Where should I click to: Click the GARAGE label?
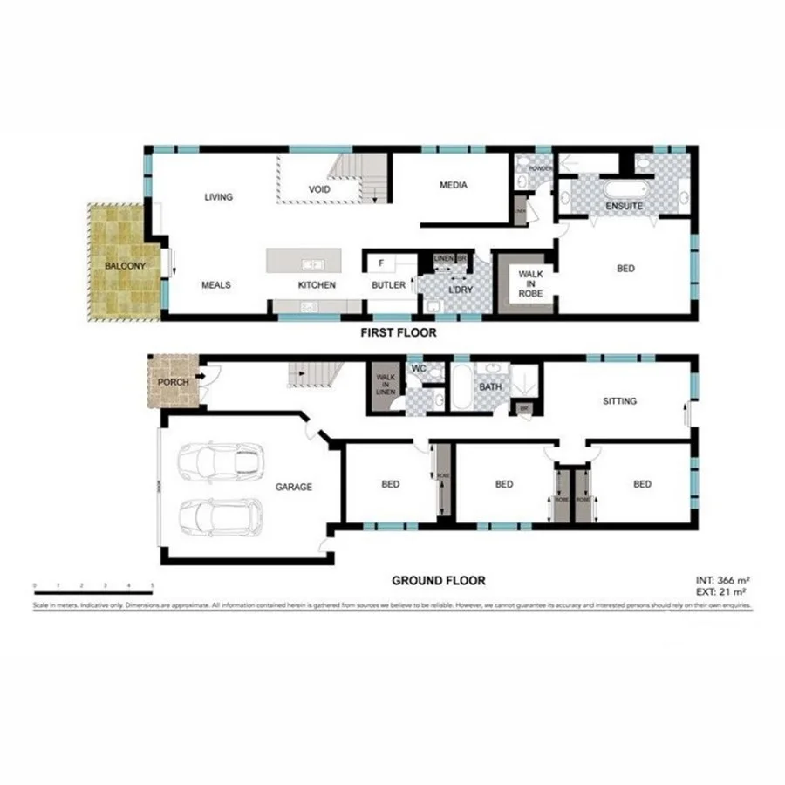(x=294, y=487)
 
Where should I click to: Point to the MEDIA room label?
(x=453, y=185)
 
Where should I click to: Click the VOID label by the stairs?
(x=318, y=189)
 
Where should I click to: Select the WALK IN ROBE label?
(x=530, y=283)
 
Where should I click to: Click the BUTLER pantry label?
(x=388, y=285)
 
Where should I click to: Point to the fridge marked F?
(x=381, y=262)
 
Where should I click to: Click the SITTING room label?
(x=619, y=401)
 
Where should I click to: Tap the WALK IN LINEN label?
(x=385, y=386)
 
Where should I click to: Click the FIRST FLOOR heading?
(x=399, y=332)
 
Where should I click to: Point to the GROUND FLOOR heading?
(x=438, y=580)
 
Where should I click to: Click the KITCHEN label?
(x=317, y=285)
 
